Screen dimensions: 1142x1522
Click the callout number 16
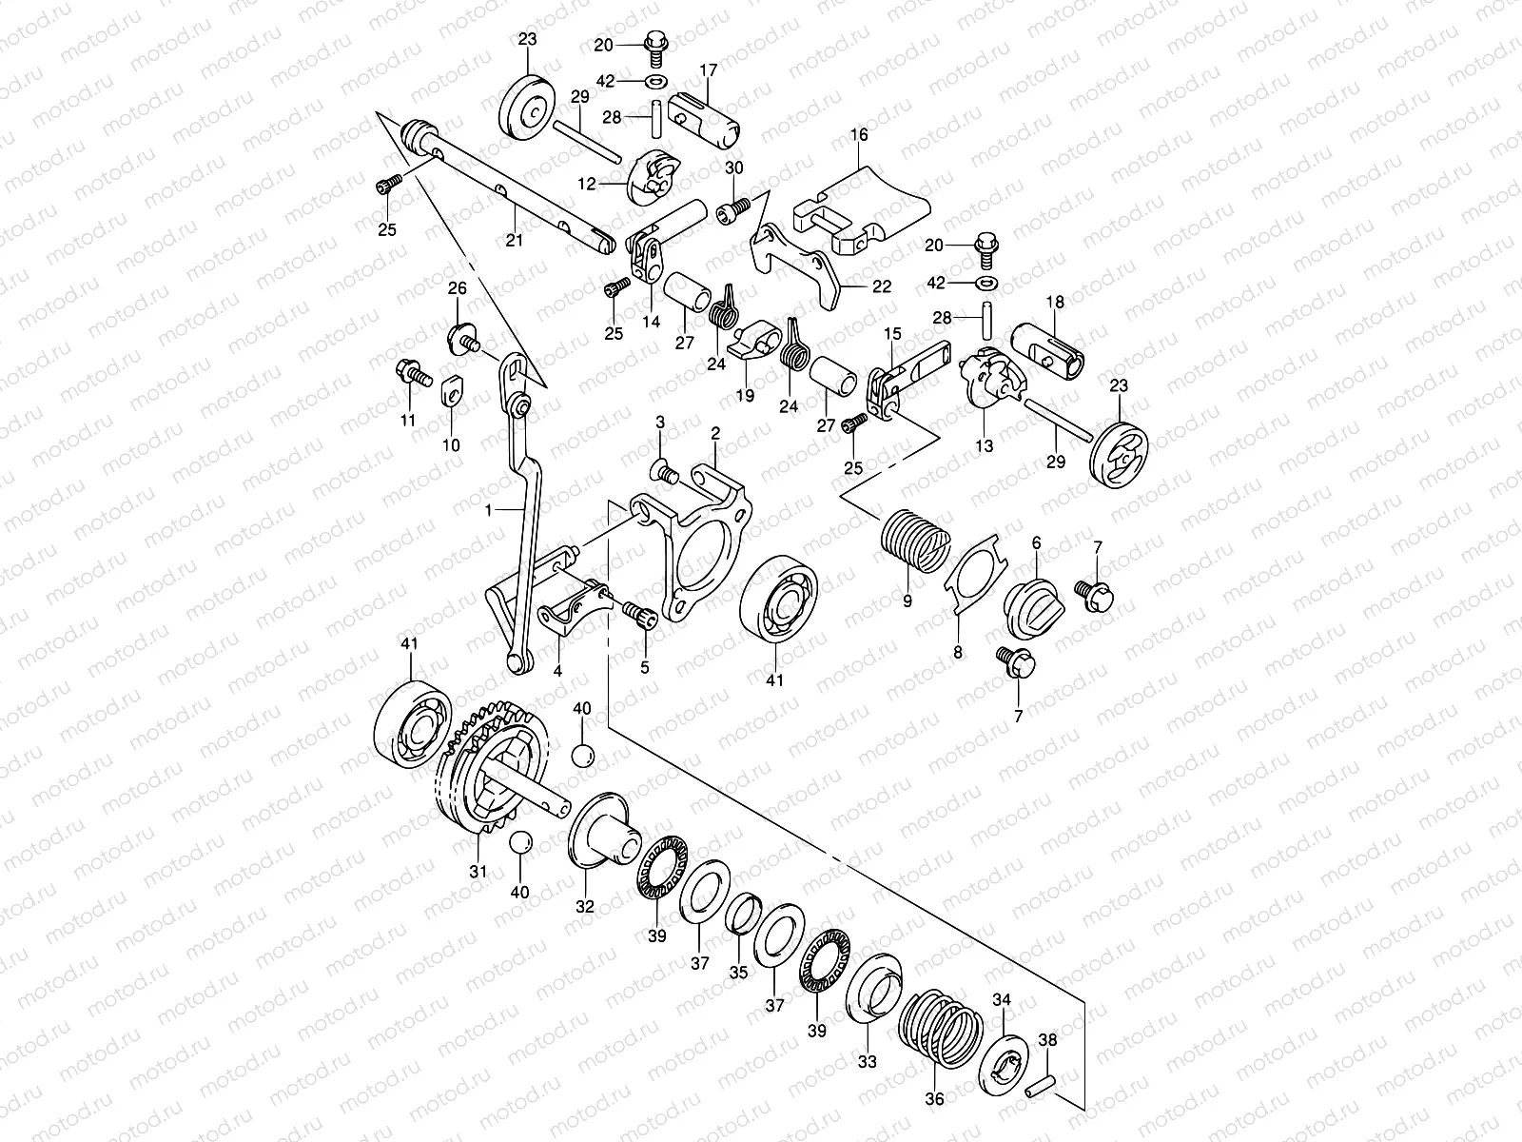859,135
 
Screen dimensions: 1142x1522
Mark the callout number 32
584,908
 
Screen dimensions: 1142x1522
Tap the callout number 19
743,395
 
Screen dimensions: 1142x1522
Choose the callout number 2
714,433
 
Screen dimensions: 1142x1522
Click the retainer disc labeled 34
1000,1057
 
